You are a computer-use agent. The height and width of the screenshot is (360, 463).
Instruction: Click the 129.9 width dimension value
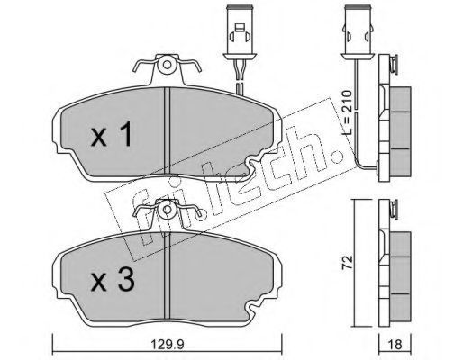pos(167,345)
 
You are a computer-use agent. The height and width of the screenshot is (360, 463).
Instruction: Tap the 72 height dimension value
pos(348,263)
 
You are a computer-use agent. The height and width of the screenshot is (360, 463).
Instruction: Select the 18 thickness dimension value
pos(395,345)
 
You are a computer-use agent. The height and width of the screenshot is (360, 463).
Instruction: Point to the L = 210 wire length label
pos(348,112)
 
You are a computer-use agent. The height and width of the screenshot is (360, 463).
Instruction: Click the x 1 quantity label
pos(111,134)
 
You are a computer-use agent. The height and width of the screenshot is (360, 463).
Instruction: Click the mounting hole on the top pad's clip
pos(168,65)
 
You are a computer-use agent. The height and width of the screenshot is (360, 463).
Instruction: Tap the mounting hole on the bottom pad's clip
pos(168,210)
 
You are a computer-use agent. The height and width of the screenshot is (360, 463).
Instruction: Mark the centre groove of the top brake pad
pos(168,131)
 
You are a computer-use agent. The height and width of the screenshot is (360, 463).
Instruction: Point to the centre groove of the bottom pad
pos(168,274)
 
